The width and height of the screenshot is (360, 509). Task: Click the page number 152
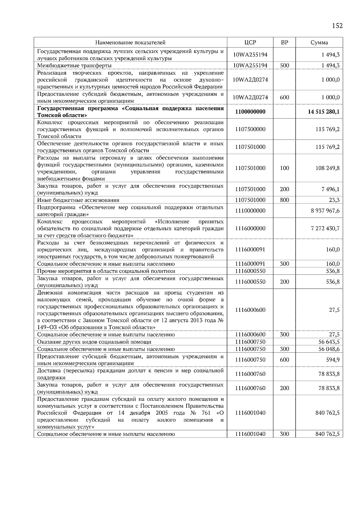[337, 26]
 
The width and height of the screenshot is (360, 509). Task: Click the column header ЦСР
[250, 43]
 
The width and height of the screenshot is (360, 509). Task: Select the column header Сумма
[319, 43]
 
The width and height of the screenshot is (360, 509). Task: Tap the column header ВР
[284, 43]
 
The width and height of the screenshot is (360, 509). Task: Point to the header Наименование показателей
[130, 43]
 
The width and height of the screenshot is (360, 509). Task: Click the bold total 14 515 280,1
[324, 112]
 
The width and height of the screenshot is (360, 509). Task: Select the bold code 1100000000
[250, 112]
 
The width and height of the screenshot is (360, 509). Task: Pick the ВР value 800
[284, 200]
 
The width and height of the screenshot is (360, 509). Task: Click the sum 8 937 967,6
[325, 211]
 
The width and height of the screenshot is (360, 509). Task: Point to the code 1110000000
[250, 211]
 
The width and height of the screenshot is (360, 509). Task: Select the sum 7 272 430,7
[325, 228]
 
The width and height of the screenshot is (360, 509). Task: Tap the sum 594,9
[333, 360]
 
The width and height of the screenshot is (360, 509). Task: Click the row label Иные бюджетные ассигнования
[78, 200]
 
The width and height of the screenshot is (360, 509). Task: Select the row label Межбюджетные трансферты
[74, 66]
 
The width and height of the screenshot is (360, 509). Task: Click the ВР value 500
[284, 65]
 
